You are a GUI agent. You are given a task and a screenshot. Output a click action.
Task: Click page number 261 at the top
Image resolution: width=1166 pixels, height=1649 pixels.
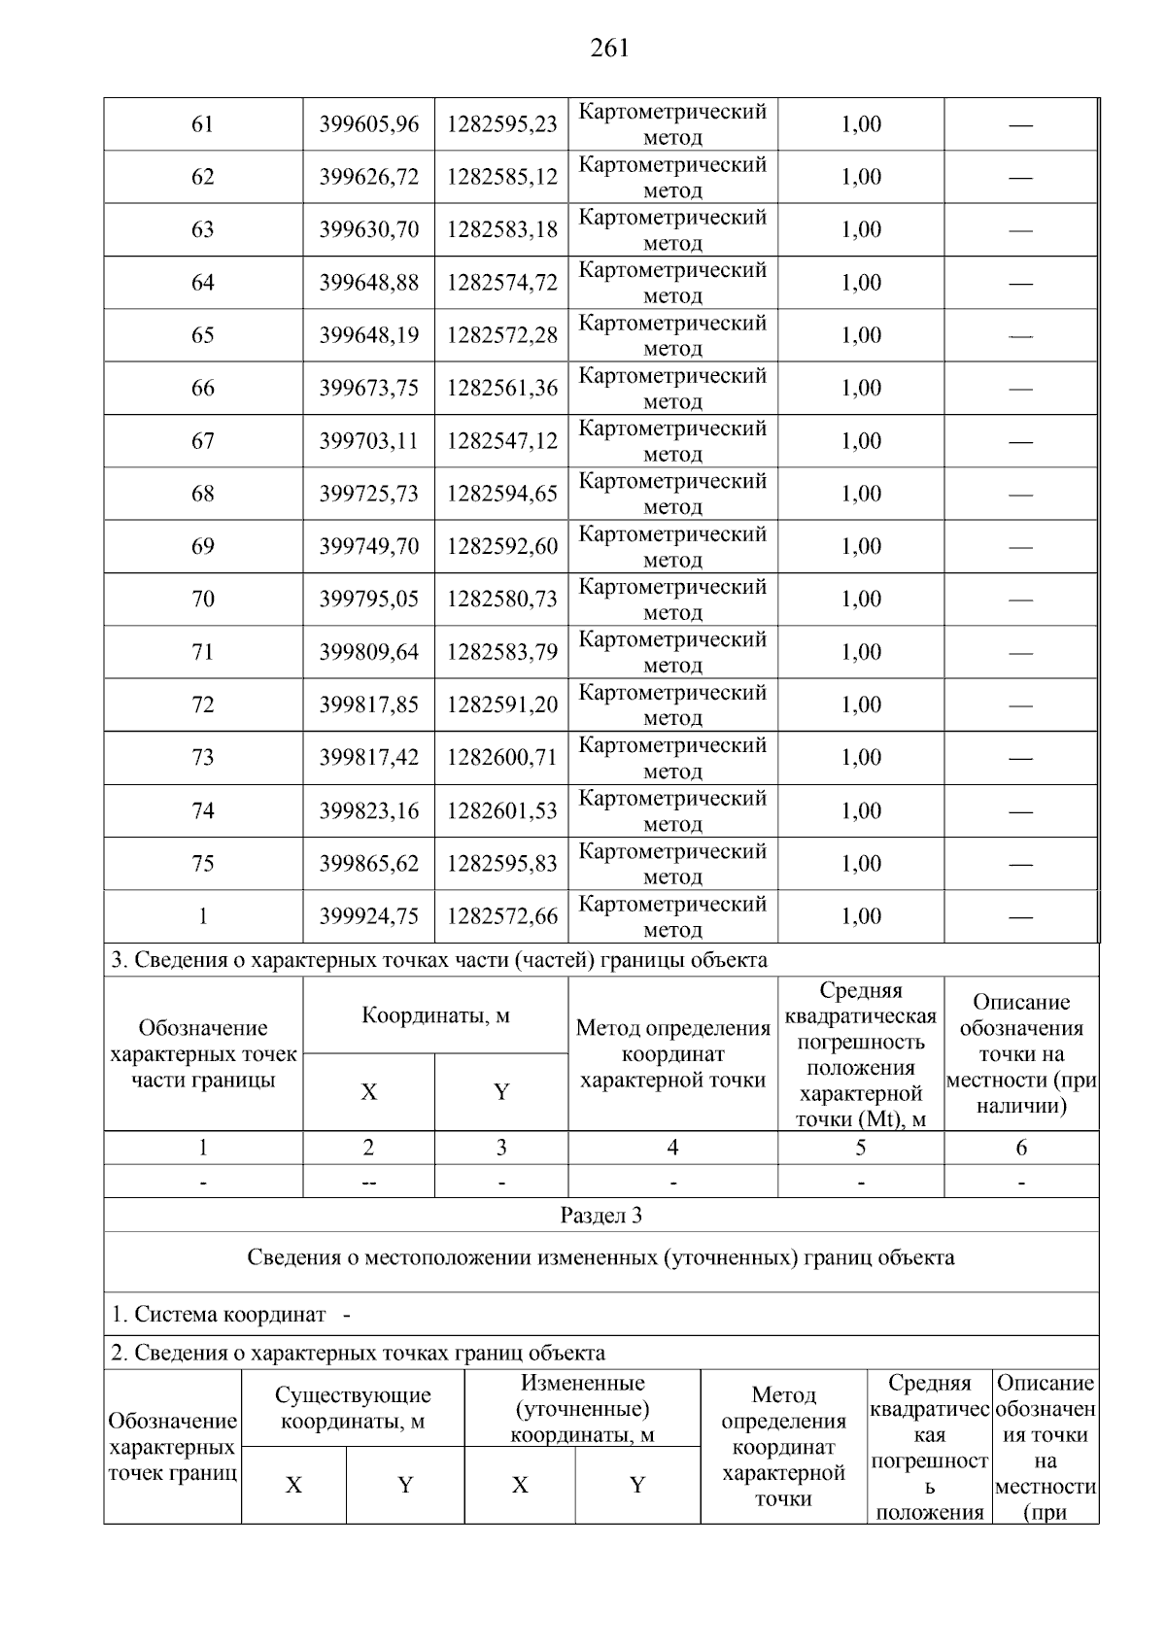(609, 49)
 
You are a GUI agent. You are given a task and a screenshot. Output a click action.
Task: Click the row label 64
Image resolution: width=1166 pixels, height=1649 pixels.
(202, 283)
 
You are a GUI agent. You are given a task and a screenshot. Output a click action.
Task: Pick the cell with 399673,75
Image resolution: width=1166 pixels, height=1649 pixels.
(368, 389)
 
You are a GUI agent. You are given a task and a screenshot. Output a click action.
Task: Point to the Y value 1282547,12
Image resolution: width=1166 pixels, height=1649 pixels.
(501, 441)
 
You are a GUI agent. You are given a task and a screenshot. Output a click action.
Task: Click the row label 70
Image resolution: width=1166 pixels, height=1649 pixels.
(202, 600)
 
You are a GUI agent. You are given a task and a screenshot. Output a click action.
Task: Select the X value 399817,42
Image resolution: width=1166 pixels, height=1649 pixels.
(368, 758)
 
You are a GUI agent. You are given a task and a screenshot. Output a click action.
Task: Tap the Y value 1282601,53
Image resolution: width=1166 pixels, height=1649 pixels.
(501, 810)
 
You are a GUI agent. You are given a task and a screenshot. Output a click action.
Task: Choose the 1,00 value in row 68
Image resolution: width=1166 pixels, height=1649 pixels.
(860, 494)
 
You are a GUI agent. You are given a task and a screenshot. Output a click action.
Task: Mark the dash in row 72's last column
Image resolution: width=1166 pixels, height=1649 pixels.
(1020, 705)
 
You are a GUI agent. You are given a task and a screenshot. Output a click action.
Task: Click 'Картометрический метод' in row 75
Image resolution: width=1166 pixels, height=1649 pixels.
(672, 864)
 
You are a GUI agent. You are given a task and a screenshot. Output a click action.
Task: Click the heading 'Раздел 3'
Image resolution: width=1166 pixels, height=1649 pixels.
(600, 1216)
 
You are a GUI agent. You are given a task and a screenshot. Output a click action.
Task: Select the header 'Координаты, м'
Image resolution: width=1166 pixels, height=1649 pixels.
(435, 1016)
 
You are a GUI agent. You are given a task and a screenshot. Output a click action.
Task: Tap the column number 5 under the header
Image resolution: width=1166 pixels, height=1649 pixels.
(860, 1148)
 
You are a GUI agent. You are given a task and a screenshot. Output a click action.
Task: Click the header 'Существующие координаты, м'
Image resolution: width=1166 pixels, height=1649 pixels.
(353, 1408)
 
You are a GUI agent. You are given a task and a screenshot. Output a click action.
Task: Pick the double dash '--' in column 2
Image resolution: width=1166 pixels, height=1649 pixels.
(368, 1183)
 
